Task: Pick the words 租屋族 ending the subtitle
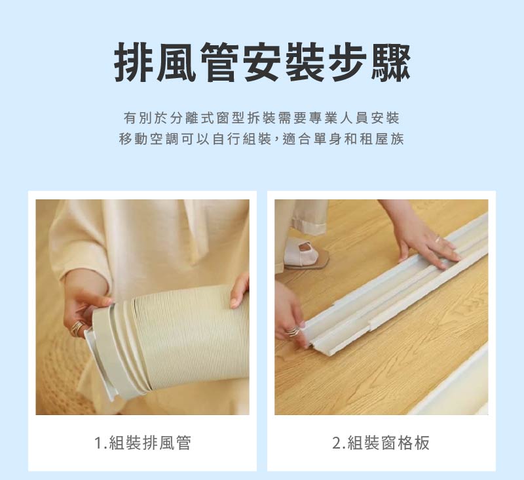(x=383, y=140)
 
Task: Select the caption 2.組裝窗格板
(x=381, y=443)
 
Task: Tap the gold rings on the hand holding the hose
(x=77, y=327)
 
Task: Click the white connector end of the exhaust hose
(x=98, y=357)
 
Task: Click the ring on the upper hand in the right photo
(x=438, y=239)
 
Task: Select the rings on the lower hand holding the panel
(x=292, y=332)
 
